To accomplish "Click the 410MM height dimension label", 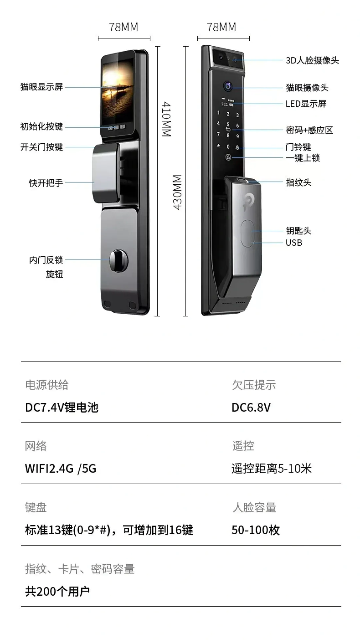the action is click(167, 119).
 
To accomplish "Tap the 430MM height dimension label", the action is click(177, 192).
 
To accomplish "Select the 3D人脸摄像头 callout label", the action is click(312, 60).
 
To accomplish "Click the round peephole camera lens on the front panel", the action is click(228, 86).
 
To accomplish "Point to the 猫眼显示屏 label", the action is click(42, 87).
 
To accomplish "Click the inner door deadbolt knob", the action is click(118, 260).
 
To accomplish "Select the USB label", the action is click(294, 243).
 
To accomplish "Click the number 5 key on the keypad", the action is click(228, 124).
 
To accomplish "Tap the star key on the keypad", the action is click(219, 146).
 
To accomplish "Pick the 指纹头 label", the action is click(299, 183).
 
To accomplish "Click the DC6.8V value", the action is click(251, 407).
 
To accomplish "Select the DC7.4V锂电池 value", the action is click(62, 407).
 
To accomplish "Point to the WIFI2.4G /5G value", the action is click(61, 469).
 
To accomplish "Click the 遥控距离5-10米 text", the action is click(272, 469).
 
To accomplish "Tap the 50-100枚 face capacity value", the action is click(256, 530).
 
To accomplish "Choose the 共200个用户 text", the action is click(57, 591).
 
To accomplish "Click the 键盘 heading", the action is click(36, 507).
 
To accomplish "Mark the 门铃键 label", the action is click(298, 147).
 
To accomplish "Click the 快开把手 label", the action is click(46, 183).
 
